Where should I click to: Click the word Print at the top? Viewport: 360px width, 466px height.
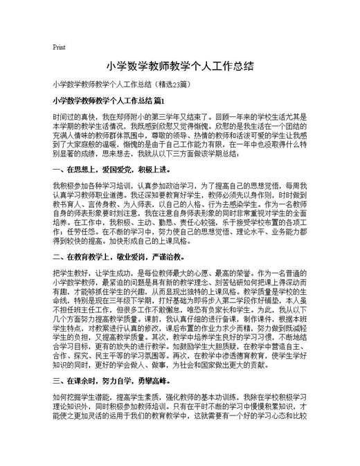[58, 48]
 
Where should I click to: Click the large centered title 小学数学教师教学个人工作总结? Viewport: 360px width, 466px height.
[179, 67]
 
